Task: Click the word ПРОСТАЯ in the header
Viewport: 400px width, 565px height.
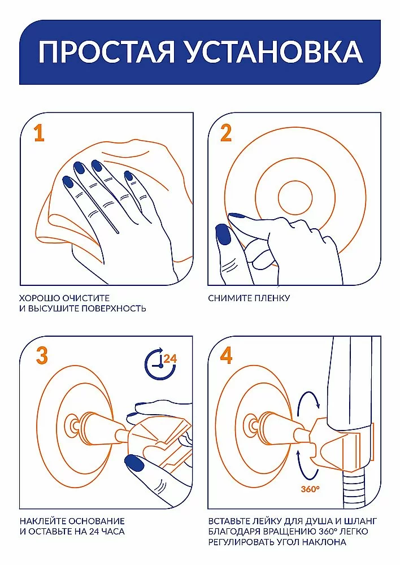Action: pos(106,51)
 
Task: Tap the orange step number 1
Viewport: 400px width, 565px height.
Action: pos(40,133)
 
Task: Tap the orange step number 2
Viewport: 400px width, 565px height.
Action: pos(225,133)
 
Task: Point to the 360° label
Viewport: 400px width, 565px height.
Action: pos(310,489)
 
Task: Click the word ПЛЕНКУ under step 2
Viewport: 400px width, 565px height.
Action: pos(272,298)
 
